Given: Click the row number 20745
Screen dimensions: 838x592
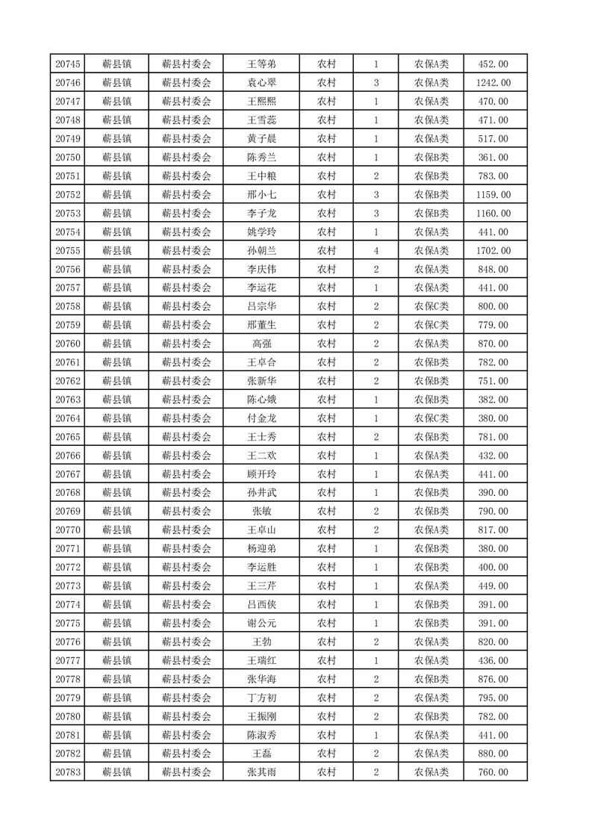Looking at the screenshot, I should pos(68,64).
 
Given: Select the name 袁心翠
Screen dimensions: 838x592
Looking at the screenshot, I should pos(261,83).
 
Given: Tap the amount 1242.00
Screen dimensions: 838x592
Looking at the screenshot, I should pos(493,83).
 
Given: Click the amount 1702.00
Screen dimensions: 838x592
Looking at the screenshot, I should pos(493,250).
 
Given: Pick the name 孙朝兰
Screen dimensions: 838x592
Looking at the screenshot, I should pos(261,250).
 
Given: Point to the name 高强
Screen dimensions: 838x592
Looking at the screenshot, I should pos(261,344).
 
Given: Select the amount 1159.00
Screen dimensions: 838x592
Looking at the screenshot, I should pos(493,194).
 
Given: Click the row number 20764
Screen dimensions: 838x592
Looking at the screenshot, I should pos(68,418).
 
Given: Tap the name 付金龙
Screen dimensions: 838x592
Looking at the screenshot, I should pos(261,418).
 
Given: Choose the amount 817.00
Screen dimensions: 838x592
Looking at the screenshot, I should pos(493,530).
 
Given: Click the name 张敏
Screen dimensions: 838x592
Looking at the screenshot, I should pos(261,511).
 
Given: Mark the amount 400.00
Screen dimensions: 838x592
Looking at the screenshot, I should pos(493,567).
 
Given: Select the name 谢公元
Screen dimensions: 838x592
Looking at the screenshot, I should pos(261,623).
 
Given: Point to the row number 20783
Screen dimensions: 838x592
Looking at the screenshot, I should pos(68,772).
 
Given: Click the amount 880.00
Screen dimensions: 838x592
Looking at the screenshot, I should pos(493,753).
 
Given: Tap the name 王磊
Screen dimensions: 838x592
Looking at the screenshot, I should pos(261,753).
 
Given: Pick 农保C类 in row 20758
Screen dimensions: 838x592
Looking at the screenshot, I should pos(431,306).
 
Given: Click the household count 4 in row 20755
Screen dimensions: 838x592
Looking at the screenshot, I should pos(376,250).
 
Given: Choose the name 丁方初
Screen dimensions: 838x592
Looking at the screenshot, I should pos(261,698).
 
